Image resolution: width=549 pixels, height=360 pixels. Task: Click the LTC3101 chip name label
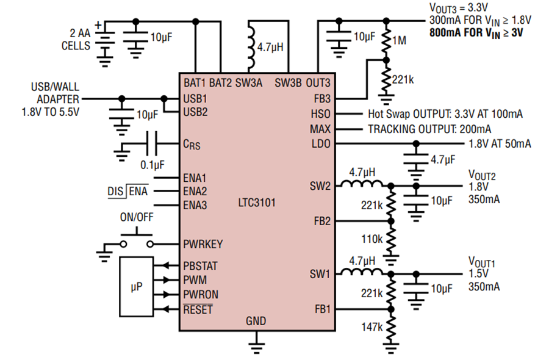click(257, 203)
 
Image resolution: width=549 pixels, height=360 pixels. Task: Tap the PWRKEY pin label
click(203, 244)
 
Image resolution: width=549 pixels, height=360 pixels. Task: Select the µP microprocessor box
click(137, 287)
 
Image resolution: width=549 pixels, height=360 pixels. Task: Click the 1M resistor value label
click(399, 41)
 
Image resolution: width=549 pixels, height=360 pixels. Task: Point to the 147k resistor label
click(372, 327)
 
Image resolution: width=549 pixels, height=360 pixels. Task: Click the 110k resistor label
click(372, 239)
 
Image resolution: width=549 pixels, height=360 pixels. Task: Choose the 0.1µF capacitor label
click(152, 165)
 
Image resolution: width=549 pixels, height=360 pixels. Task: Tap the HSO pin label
click(320, 114)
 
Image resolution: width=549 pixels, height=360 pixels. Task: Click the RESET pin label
click(198, 309)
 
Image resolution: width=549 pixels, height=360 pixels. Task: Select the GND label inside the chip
click(256, 321)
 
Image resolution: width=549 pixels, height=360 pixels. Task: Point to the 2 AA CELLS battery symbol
click(105, 44)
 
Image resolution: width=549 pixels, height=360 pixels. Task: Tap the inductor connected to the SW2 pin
click(362, 183)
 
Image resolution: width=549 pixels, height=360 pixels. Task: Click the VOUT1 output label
click(482, 262)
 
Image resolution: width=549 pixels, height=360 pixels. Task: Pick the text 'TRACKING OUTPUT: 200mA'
click(429, 129)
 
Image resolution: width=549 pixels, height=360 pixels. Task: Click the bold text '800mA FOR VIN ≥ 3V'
click(476, 34)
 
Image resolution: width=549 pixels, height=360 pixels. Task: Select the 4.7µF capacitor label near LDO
click(443, 160)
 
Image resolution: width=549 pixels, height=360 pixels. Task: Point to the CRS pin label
click(192, 144)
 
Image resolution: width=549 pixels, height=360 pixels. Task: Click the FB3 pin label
click(322, 99)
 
